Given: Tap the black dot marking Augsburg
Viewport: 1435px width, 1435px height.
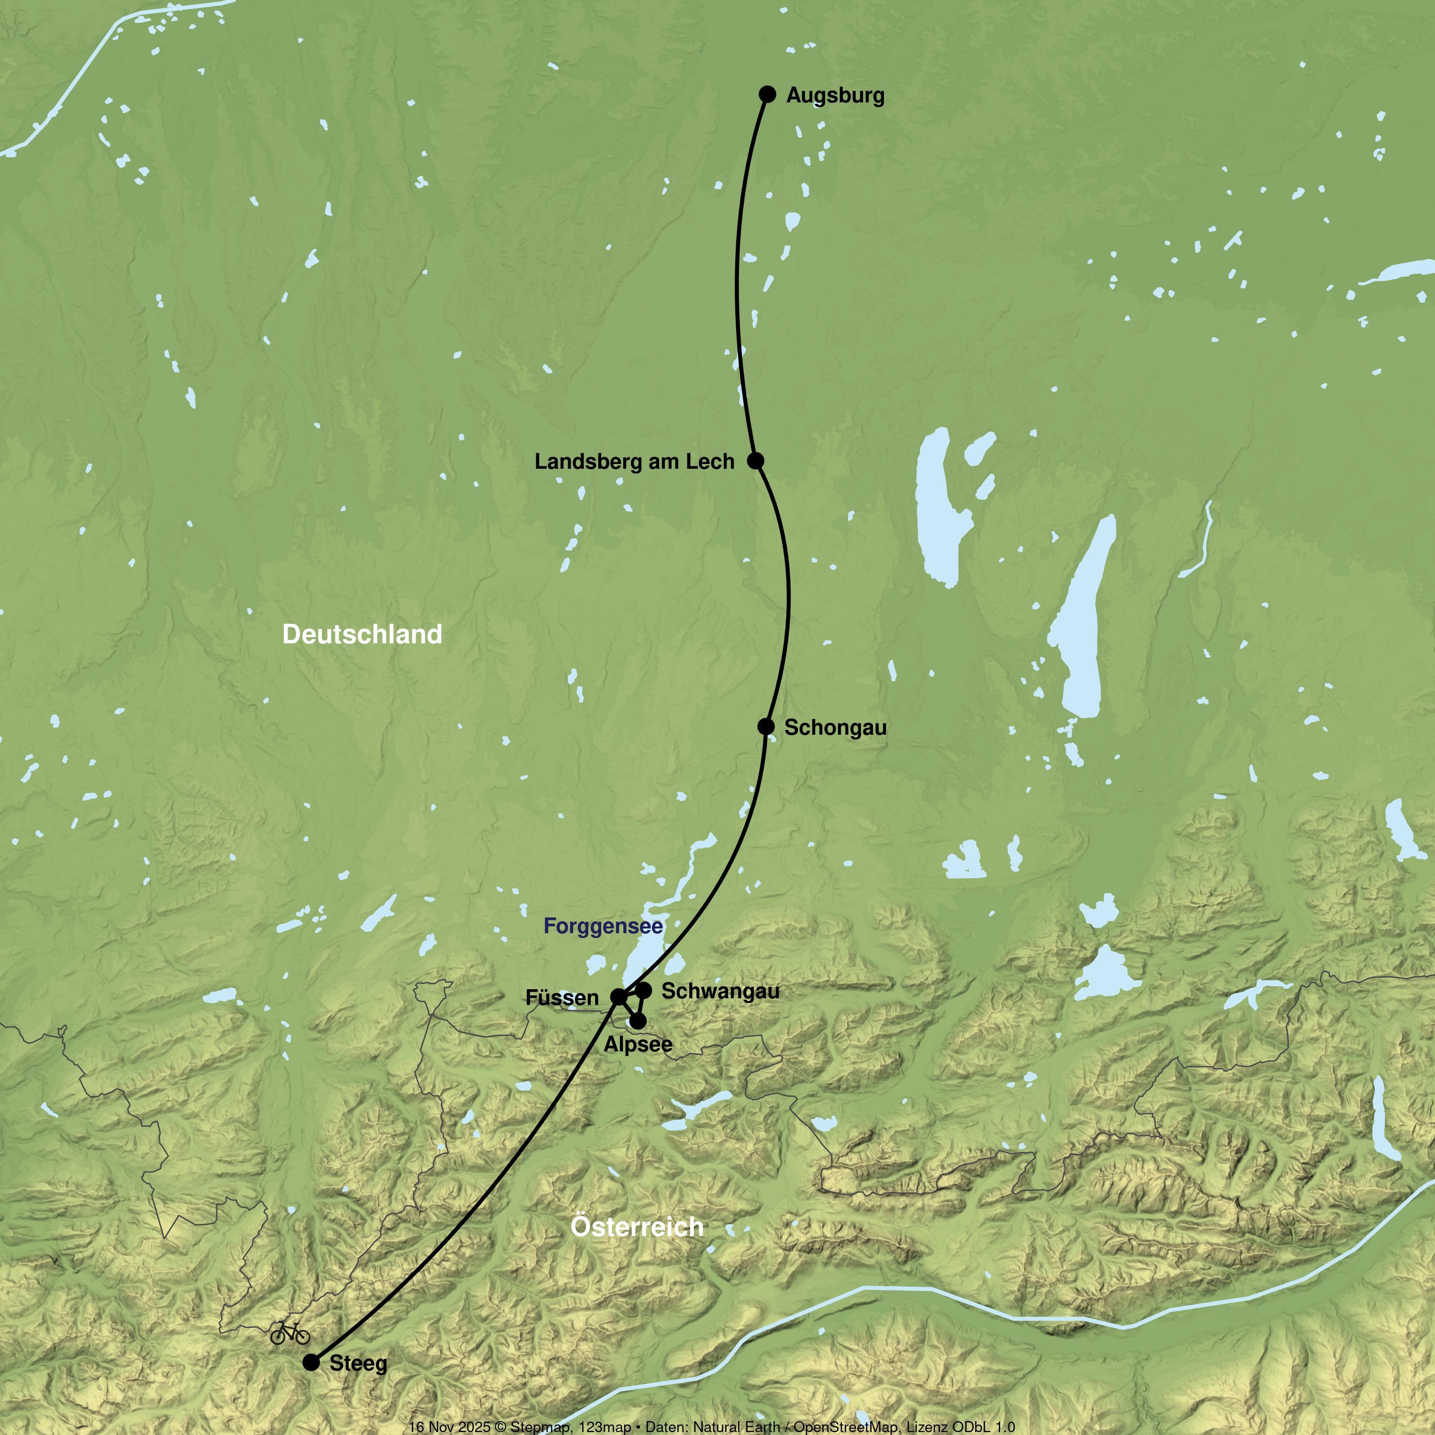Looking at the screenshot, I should tap(767, 94).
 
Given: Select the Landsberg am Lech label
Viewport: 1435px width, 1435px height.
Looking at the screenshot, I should tap(634, 462).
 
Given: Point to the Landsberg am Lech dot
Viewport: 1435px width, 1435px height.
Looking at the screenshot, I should tap(755, 461).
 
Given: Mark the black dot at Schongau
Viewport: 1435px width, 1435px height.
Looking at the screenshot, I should tap(766, 727).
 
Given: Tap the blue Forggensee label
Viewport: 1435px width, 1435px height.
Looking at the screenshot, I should tap(603, 926).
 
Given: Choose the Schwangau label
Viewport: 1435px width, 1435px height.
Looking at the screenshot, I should tap(720, 992).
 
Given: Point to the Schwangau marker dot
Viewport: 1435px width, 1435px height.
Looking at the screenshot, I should tap(644, 990).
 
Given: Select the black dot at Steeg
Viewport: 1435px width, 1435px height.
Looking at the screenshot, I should tap(311, 1362).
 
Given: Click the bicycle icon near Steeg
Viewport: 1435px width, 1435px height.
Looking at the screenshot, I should tap(290, 1333).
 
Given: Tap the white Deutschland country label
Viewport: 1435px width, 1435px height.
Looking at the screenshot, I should tap(363, 634).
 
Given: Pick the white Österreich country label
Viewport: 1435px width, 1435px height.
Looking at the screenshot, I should tap(637, 1227).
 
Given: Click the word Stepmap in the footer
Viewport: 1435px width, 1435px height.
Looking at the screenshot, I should tap(540, 1427).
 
